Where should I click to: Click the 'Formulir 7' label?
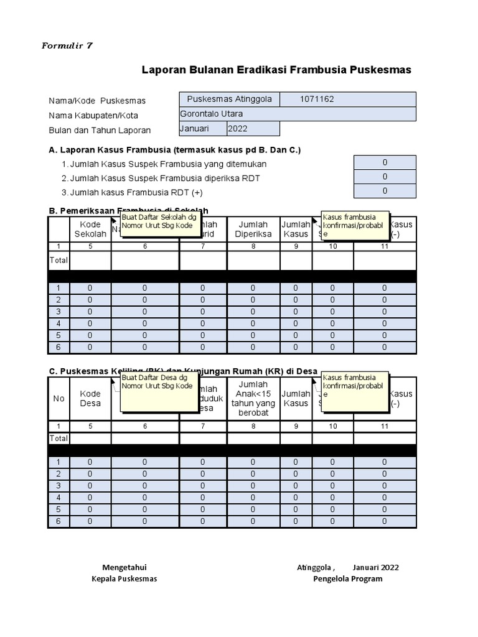67,46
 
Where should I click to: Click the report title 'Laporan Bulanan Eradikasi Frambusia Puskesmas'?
276,70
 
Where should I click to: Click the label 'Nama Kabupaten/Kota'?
93,116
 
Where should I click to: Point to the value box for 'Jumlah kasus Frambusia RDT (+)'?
385,192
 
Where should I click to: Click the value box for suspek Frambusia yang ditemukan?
385,162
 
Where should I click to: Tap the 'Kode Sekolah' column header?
90,229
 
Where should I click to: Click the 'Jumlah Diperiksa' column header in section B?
253,229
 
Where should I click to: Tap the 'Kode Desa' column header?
90,398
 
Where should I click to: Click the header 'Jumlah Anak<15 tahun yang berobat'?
253,398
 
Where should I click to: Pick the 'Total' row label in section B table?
59,261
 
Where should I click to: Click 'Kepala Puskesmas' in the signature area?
124,579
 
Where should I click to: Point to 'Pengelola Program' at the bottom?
347,579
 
